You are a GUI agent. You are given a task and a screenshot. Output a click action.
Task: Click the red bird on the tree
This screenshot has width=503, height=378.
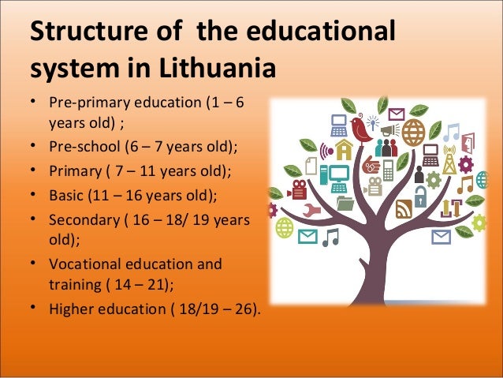[362, 129]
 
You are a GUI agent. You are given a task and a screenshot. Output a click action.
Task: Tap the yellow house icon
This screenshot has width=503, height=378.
[344, 149]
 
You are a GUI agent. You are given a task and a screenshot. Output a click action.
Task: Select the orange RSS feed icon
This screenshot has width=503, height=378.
[404, 209]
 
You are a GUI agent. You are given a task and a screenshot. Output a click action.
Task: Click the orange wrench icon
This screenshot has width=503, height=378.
[310, 211]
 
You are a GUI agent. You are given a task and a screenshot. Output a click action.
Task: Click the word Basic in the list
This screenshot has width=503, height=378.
[65, 193]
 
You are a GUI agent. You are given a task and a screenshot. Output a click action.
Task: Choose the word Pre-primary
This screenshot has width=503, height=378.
[86, 103]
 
